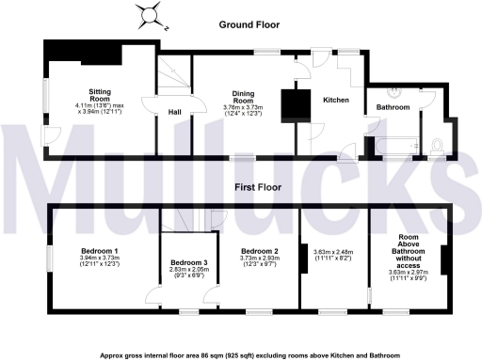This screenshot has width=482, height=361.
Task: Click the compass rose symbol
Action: pyautogui.click(x=147, y=16)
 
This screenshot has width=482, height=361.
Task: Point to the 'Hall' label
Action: pyautogui.click(x=175, y=113)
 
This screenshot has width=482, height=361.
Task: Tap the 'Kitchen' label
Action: pyautogui.click(x=336, y=100)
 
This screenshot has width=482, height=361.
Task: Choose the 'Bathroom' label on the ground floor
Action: pyautogui.click(x=393, y=108)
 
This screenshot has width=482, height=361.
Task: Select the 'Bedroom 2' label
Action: pyautogui.click(x=258, y=251)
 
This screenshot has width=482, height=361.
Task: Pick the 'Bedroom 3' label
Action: pyautogui.click(x=187, y=262)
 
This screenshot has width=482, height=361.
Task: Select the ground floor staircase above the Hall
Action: pyautogui.click(x=171, y=74)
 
